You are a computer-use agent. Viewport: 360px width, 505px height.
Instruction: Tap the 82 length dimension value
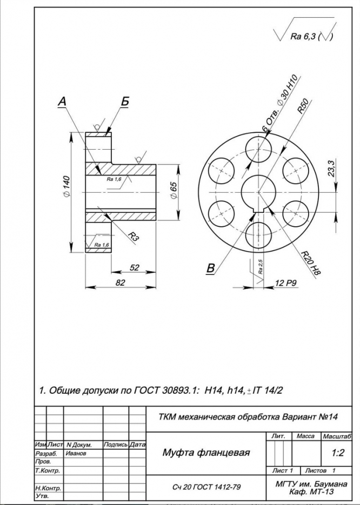(x=120, y=282)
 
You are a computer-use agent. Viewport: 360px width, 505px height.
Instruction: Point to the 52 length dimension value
(x=134, y=267)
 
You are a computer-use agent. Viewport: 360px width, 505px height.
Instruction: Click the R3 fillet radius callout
(x=133, y=236)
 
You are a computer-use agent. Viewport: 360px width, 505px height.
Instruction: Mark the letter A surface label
(x=62, y=102)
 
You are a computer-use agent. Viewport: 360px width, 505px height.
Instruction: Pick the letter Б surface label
(x=125, y=101)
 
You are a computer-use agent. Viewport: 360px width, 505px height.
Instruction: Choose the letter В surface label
(x=210, y=268)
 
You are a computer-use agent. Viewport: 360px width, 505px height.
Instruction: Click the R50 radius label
(x=303, y=106)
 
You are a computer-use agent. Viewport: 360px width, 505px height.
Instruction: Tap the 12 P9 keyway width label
(x=286, y=283)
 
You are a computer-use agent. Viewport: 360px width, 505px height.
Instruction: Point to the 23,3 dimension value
(x=331, y=170)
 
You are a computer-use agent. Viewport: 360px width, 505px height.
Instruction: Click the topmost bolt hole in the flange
(x=258, y=150)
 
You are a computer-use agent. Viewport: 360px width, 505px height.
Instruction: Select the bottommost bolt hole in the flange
(x=258, y=235)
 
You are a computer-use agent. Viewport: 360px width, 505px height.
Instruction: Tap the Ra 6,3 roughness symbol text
(x=304, y=36)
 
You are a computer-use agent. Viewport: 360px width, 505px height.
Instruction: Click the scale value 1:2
(x=338, y=453)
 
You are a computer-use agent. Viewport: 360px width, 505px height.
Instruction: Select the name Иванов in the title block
(x=76, y=453)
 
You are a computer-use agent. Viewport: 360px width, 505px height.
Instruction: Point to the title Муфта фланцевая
(x=206, y=453)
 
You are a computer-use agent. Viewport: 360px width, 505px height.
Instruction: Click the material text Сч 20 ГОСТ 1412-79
(x=206, y=487)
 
